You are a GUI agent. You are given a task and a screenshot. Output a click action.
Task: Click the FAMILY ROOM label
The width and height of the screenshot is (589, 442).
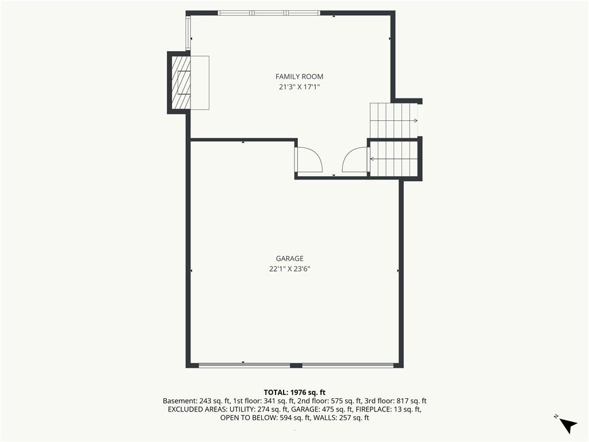click(299, 77)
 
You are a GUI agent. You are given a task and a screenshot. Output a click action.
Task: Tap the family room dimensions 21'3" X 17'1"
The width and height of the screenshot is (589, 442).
click(299, 87)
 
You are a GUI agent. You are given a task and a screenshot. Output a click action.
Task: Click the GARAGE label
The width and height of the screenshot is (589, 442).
click(290, 258)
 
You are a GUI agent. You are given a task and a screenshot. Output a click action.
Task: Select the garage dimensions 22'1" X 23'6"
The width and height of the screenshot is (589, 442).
click(290, 269)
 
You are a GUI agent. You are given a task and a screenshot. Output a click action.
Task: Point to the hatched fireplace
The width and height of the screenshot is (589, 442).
click(181, 83)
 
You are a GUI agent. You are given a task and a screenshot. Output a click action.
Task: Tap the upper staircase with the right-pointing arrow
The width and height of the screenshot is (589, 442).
click(393, 120)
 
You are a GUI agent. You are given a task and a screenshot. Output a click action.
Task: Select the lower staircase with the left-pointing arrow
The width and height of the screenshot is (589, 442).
click(393, 159)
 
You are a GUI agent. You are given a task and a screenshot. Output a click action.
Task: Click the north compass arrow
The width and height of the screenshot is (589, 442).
click(568, 425)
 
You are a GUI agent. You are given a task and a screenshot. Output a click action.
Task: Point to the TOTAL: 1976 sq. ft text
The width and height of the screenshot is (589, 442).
click(294, 393)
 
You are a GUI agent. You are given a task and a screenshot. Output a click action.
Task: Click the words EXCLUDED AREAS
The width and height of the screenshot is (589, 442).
click(198, 409)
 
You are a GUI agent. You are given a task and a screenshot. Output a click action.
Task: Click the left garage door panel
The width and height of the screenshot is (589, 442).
click(244, 365)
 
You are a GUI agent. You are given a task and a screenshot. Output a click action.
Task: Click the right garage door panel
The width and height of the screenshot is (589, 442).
click(348, 365)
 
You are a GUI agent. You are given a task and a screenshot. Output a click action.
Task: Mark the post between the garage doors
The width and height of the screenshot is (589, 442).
click(296, 365)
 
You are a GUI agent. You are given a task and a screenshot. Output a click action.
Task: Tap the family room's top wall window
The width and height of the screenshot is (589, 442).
click(269, 13)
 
